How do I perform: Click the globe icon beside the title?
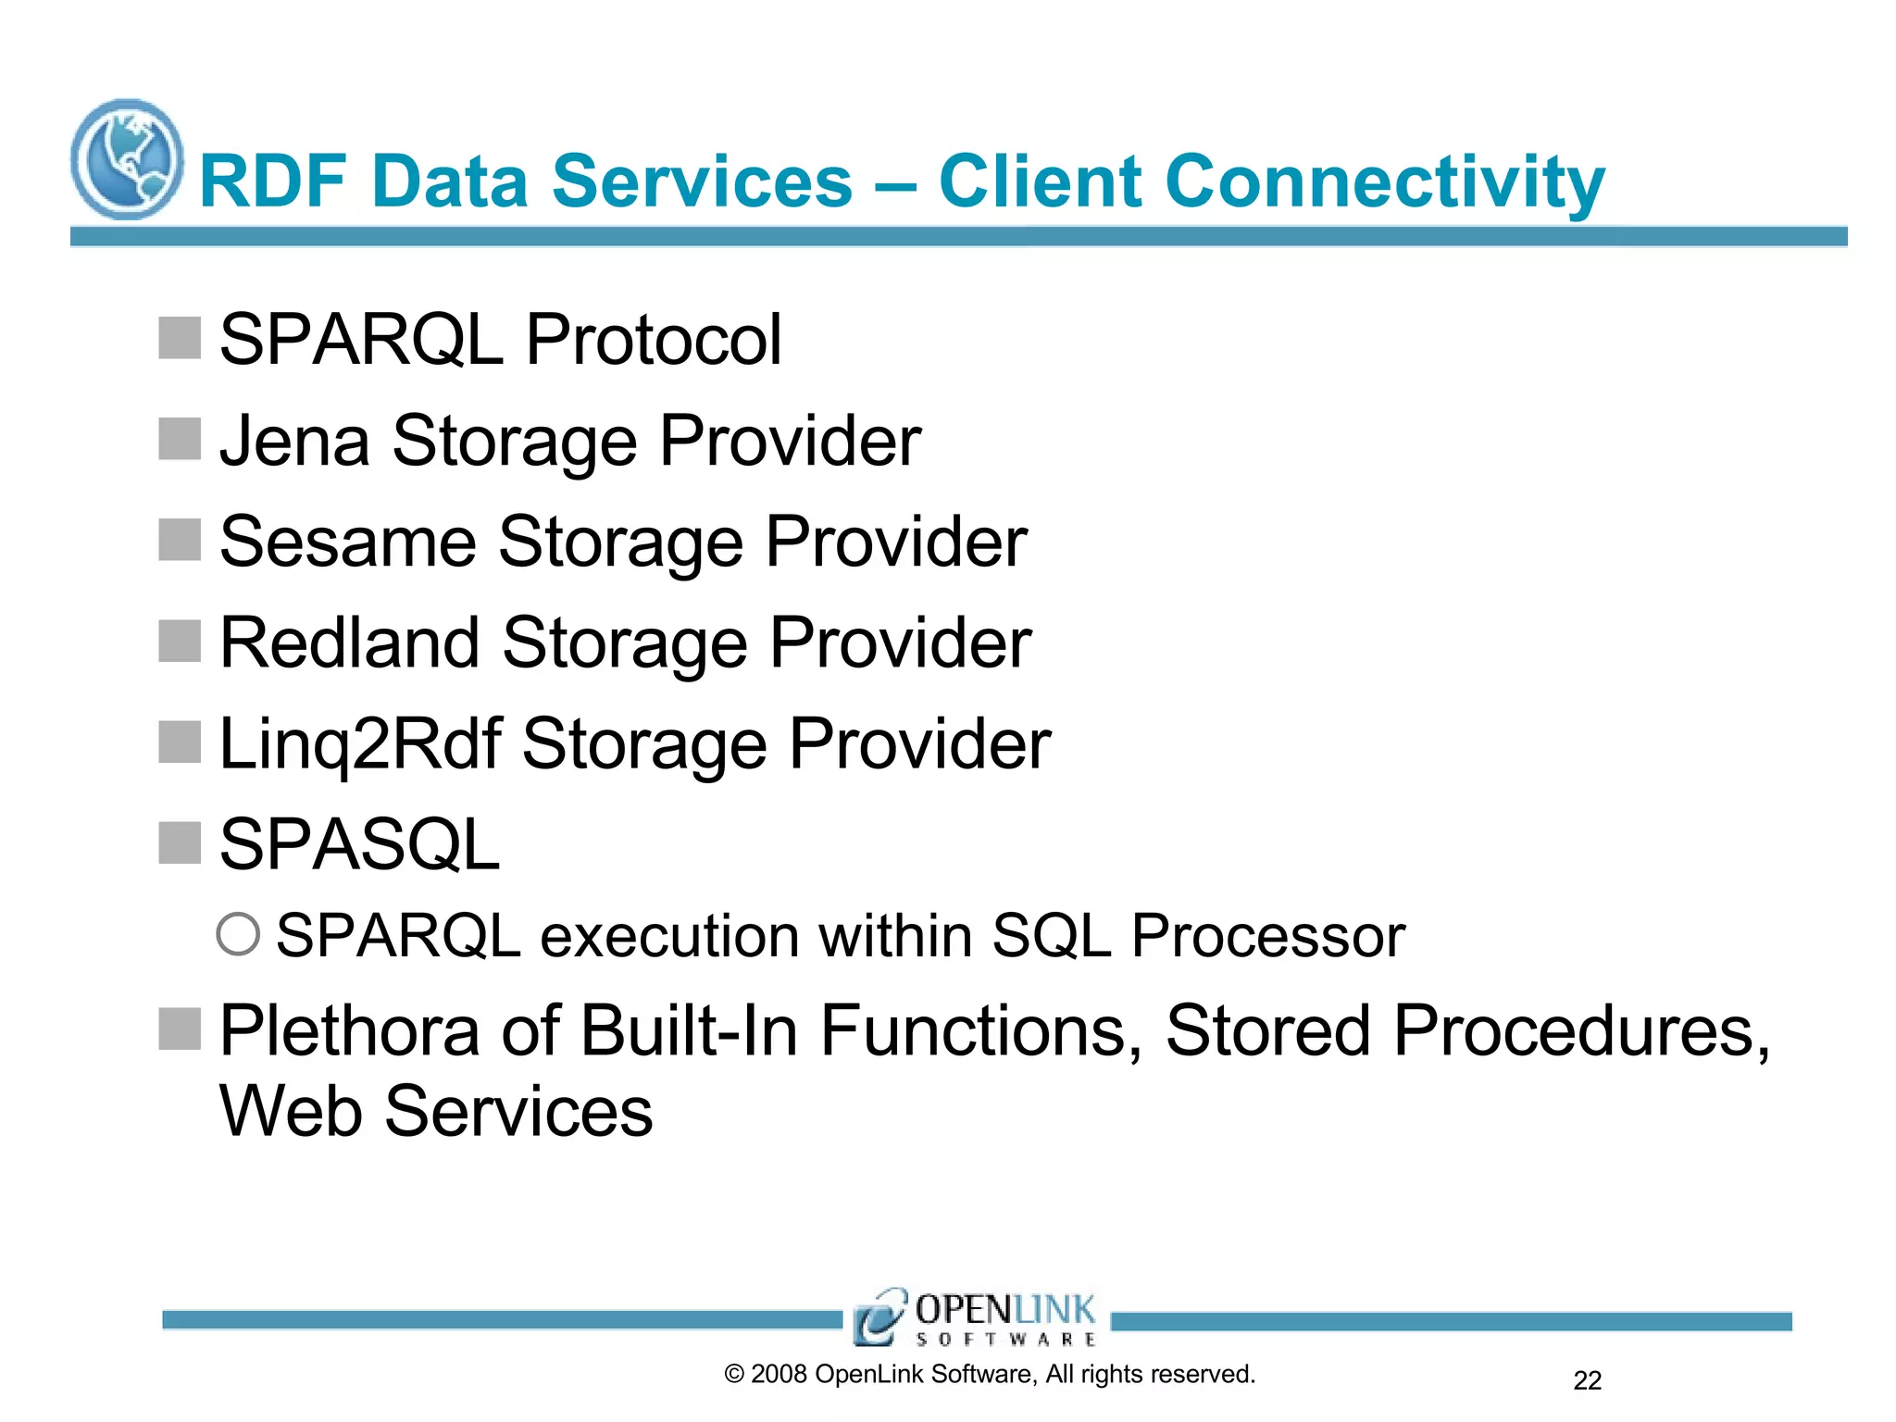coord(127,159)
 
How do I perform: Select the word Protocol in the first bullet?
coord(654,340)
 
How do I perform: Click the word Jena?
coord(294,441)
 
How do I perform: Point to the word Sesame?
coord(347,542)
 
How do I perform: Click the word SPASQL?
coord(359,844)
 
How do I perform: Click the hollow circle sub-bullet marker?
coord(238,934)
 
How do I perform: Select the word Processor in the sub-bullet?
coord(1267,936)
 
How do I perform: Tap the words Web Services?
coord(436,1111)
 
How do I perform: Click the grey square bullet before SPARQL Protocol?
coord(180,338)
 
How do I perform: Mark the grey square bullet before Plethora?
coord(180,1029)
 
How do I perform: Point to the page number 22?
coord(1587,1380)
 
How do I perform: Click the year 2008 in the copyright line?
coord(779,1374)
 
